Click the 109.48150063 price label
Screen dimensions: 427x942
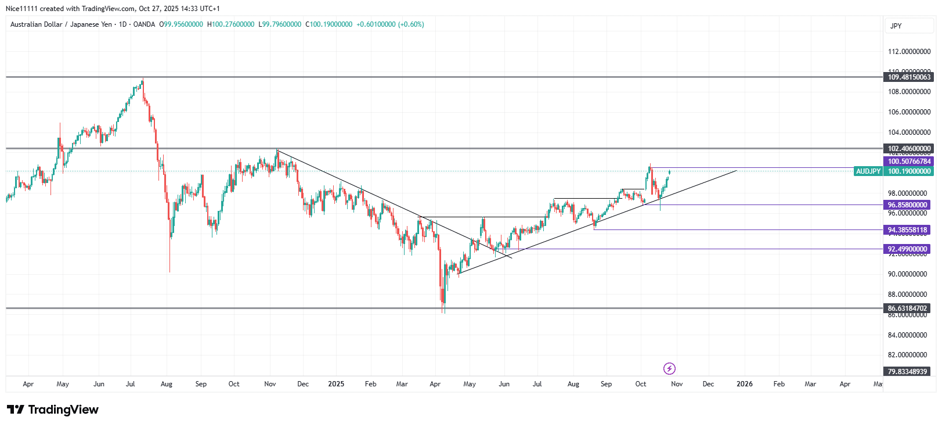tap(909, 77)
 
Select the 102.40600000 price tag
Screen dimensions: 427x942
tap(909, 149)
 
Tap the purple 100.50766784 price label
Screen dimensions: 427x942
tap(909, 162)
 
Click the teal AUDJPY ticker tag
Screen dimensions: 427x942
tap(868, 171)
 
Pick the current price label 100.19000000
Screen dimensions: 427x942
tap(909, 171)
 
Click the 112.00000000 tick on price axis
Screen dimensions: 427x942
tap(909, 52)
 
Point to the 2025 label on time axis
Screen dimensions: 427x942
tap(336, 384)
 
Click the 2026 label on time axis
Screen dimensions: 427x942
tap(745, 384)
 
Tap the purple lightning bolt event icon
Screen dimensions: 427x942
tap(669, 368)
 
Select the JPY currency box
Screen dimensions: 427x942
tap(896, 26)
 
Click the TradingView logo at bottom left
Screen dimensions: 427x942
tap(53, 410)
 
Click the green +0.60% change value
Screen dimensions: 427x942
tap(411, 24)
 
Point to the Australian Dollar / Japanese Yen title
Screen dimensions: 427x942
tap(61, 24)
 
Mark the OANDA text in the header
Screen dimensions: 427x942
tap(144, 24)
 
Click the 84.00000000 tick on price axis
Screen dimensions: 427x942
tap(909, 335)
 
